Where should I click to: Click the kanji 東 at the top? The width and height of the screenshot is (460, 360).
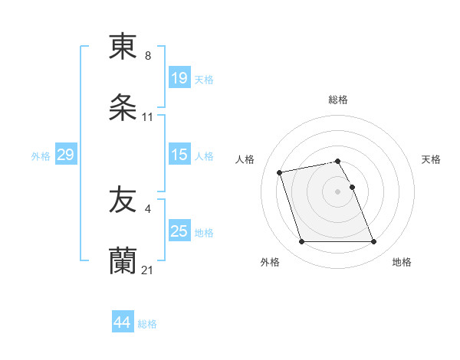point(123,47)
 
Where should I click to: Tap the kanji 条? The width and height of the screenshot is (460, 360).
point(123,108)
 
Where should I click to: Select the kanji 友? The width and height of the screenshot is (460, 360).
point(123,201)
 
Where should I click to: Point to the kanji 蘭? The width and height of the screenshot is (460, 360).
point(123,261)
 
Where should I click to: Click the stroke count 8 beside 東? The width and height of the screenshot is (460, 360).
point(148,56)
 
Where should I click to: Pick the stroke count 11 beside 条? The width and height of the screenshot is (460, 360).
point(148,117)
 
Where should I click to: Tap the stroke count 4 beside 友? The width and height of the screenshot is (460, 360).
point(147,209)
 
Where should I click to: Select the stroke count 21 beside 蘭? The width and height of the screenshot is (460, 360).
point(148,270)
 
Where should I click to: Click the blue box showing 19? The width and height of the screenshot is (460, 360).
point(179,78)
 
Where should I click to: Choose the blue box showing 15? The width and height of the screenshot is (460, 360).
point(179,155)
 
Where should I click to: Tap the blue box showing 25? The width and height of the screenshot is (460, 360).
point(179,231)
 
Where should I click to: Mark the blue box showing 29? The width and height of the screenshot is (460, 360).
point(65,155)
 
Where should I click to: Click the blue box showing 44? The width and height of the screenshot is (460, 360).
point(123,322)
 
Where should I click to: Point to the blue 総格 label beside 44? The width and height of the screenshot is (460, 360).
point(147,324)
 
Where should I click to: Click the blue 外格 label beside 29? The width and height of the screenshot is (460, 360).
point(41,156)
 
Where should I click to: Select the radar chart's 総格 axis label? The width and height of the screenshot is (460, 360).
point(338,100)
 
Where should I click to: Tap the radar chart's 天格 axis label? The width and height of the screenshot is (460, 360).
point(431,159)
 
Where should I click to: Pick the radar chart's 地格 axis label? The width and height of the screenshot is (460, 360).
point(402,262)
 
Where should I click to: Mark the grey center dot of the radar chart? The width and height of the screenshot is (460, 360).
point(338,191)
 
